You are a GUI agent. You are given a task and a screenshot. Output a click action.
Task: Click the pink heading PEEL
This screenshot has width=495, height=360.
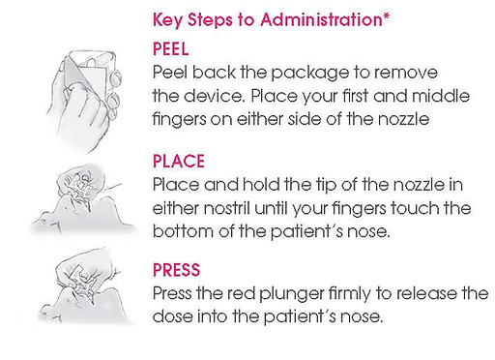click(x=170, y=49)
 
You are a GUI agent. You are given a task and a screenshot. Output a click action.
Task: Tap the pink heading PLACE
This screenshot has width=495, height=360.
click(x=179, y=161)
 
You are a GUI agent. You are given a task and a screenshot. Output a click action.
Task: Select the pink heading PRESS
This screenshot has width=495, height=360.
click(x=176, y=270)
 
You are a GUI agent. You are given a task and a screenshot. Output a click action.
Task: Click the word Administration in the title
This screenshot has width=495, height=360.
click(x=321, y=20)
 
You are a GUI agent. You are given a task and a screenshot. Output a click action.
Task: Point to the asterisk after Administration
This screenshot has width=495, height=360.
click(x=386, y=16)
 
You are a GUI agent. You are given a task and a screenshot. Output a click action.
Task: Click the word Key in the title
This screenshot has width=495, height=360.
click(x=167, y=20)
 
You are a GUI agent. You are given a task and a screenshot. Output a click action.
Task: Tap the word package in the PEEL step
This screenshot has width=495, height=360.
click(x=310, y=74)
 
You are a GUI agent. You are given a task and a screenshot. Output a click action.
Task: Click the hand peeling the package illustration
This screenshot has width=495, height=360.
click(x=84, y=100)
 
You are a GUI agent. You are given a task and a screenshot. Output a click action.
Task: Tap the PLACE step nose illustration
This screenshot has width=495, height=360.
click(x=83, y=200)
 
